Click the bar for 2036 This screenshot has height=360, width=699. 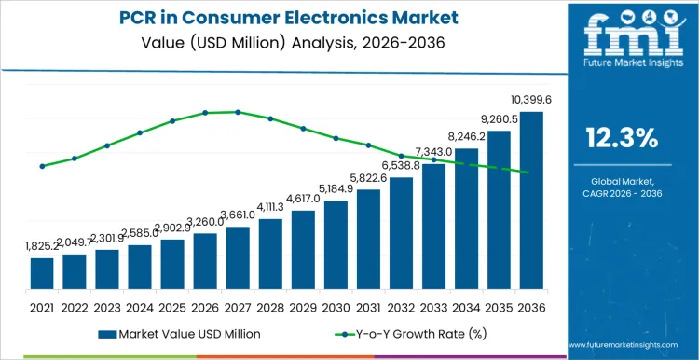coord(531,200)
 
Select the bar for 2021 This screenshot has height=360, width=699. coord(42,272)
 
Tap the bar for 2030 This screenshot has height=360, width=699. coord(336,243)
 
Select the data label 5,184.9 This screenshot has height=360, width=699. coord(336,188)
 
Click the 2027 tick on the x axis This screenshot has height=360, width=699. coord(238,306)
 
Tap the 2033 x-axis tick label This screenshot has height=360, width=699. coord(433,306)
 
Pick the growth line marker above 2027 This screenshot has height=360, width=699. coord(238,112)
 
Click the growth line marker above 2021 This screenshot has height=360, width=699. coord(42,166)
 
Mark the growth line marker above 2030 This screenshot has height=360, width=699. coord(336,138)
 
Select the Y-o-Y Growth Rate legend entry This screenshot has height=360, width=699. coord(401,333)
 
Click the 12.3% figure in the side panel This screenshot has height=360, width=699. coord(622,139)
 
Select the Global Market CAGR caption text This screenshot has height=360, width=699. coord(622,187)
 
